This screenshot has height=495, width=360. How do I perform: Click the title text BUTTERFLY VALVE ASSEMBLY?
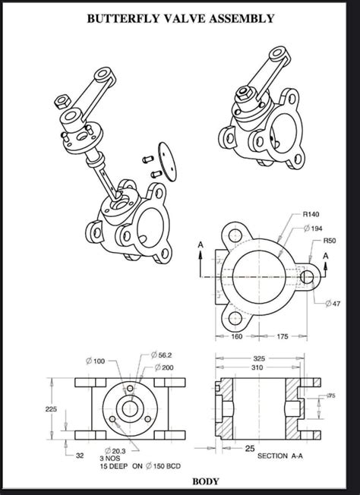click(180, 18)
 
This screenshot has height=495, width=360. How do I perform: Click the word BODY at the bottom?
click(205, 481)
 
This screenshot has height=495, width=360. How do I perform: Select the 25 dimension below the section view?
click(249, 449)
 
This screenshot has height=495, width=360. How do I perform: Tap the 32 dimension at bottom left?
click(80, 456)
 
